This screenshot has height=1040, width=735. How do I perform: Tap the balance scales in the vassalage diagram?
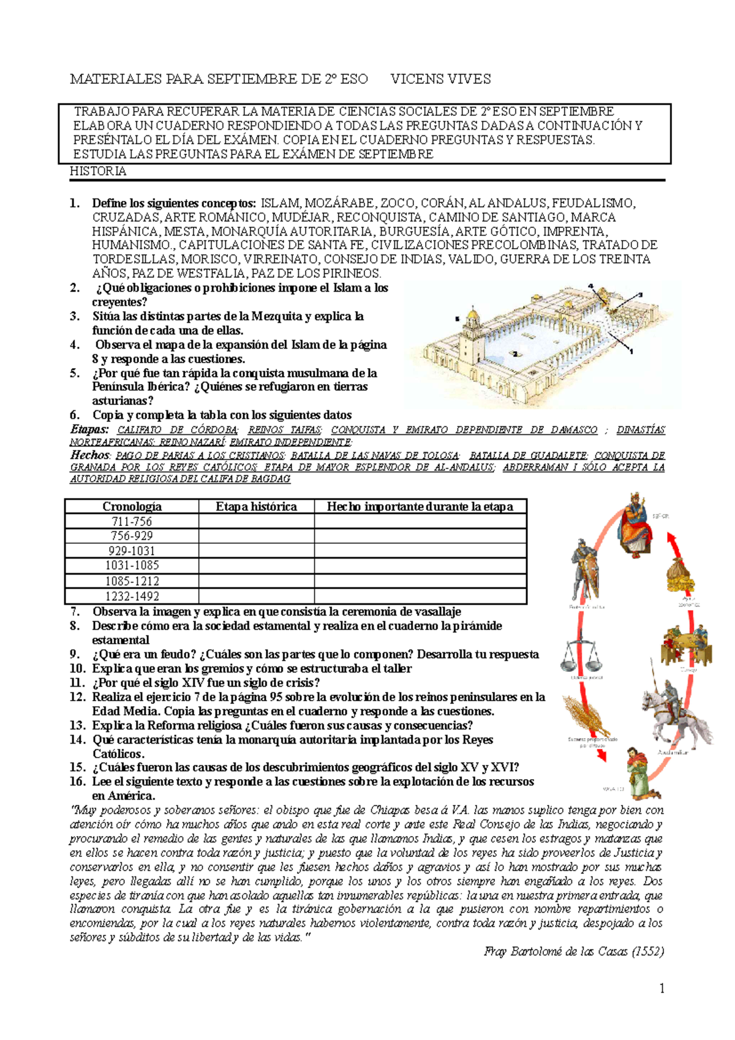[580, 655]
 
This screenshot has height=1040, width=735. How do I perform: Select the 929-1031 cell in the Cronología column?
[132, 551]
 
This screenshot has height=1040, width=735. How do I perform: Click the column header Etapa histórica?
[256, 507]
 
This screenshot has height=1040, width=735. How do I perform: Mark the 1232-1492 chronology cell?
[132, 596]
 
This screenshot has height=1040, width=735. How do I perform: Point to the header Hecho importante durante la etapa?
[420, 507]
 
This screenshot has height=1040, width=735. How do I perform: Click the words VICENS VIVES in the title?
[440, 79]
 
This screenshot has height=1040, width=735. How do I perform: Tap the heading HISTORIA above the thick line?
[98, 171]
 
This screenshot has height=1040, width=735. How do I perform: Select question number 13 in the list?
[77, 726]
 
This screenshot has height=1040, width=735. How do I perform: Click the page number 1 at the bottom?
[661, 988]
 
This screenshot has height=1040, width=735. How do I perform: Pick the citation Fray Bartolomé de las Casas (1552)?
[573, 951]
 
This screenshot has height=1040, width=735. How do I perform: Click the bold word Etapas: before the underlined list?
[89, 429]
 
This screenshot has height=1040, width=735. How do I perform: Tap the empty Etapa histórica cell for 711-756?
[256, 522]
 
